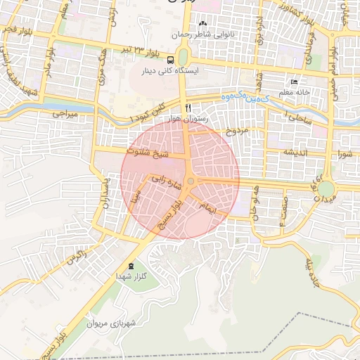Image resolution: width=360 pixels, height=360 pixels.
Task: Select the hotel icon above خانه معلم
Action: pyautogui.click(x=294, y=82)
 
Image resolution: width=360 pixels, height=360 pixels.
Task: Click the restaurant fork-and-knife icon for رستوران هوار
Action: pyautogui.click(x=188, y=108)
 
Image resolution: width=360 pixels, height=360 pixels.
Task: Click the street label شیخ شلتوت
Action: pyautogui.click(x=147, y=151)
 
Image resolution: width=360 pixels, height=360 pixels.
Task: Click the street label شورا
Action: pyautogui.click(x=345, y=153)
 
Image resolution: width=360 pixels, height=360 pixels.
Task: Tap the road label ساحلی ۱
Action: pyautogui.click(x=299, y=117)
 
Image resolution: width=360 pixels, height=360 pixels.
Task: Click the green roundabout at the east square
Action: pyautogui.click(x=325, y=188)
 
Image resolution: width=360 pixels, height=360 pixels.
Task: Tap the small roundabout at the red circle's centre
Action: pyautogui.click(x=191, y=181)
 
